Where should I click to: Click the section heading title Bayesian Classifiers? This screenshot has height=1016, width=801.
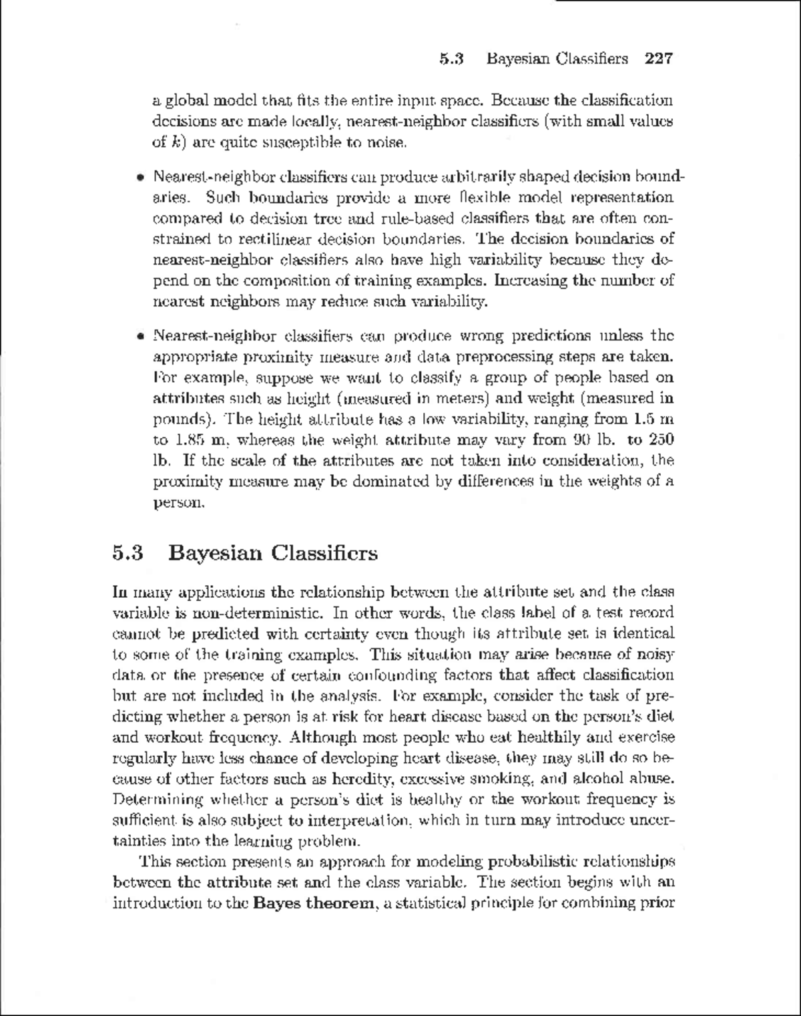point(273,553)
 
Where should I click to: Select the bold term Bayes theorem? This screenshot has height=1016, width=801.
point(314,903)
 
